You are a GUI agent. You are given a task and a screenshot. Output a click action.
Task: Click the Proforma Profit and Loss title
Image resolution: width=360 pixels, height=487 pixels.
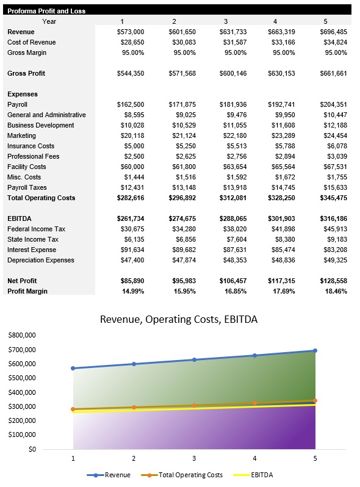point(46,11)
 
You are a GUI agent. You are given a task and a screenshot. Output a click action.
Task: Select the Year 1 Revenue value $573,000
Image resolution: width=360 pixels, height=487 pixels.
point(130,32)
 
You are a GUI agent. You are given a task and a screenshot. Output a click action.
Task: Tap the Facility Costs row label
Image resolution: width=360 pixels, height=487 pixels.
point(27,167)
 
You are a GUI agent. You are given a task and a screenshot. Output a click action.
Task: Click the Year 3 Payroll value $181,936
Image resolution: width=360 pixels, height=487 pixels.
point(233,104)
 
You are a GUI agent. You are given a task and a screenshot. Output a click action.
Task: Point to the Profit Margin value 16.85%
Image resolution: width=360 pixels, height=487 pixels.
point(234,291)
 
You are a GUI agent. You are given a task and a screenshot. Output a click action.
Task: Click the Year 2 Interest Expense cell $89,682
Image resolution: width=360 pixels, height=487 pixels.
point(182,250)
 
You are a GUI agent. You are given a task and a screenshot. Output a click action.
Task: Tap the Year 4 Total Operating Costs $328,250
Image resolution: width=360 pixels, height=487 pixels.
point(282,198)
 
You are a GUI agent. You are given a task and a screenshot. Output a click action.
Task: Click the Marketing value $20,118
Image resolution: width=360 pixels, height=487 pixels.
point(132,135)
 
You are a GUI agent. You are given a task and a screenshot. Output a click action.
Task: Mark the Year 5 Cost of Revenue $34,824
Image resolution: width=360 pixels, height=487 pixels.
point(333,42)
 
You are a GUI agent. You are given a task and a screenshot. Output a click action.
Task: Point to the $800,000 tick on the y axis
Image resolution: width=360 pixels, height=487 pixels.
point(23,336)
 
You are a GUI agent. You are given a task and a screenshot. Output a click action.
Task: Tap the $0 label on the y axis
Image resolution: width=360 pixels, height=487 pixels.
point(32,449)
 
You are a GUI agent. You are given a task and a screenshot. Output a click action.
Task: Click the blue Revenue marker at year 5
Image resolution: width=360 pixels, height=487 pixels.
point(315,350)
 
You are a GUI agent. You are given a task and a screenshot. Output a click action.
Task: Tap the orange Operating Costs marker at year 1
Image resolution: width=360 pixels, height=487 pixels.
point(73,409)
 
